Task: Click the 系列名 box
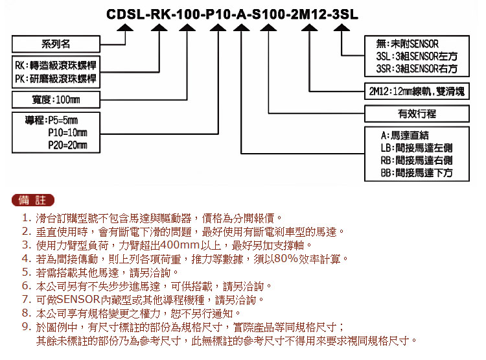point(56,44)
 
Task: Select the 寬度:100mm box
point(56,100)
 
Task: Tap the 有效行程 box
point(417,114)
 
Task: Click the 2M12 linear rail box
point(417,91)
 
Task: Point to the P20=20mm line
point(67,145)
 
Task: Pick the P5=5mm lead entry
point(51,120)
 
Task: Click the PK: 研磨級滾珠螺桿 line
point(56,78)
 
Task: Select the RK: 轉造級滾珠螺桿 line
point(56,66)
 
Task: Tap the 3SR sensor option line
point(417,69)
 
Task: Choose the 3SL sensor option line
point(417,56)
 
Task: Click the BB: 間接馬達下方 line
point(417,173)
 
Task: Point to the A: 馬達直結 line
point(405,136)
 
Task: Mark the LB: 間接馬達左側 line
point(417,148)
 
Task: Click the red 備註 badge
point(33,200)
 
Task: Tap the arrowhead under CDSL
point(125,28)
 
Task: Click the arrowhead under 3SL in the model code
point(341,28)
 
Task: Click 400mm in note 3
point(180,245)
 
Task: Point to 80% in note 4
point(286,259)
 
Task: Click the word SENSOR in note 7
point(78,300)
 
